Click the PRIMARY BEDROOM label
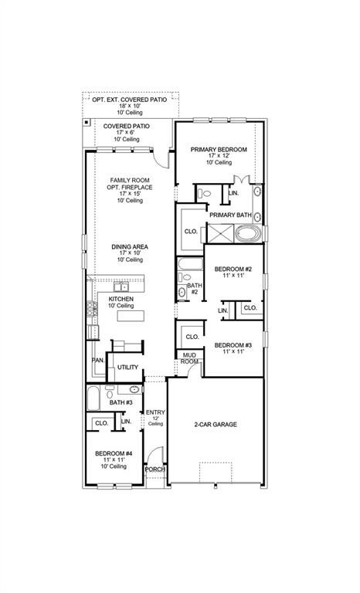coord(219,149)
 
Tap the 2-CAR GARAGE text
coord(215,425)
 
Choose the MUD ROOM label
coord(189,357)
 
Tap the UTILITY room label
coord(127,367)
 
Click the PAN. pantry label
coord(98,360)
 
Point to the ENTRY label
coord(155,412)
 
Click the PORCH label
coord(155,469)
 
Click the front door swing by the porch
coord(155,455)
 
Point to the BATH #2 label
coord(194,288)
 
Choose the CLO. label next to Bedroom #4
coord(101,423)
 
